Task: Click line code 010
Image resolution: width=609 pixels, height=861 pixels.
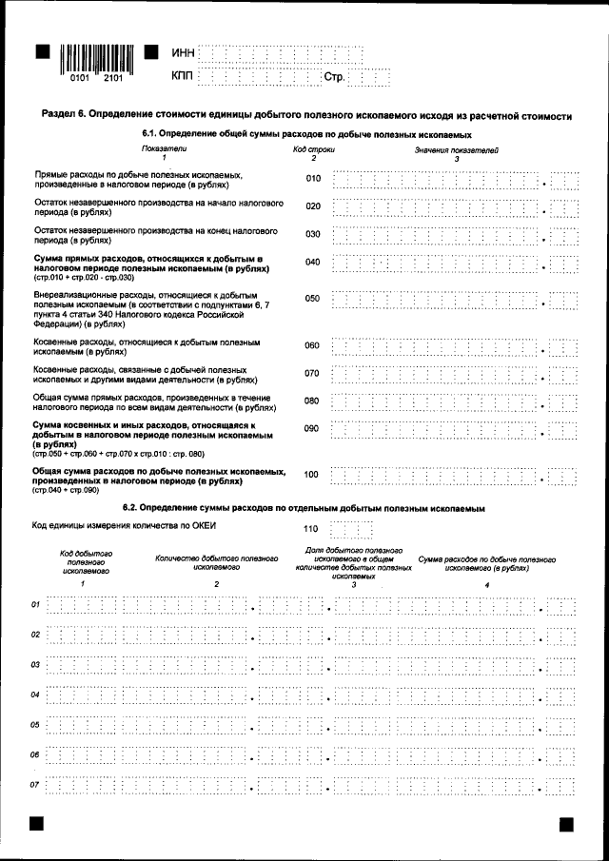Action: pos(312,179)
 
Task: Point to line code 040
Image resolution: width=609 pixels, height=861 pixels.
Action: pos(312,262)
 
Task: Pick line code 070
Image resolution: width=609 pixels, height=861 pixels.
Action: pos(312,373)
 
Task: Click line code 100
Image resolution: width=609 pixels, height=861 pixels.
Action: pos(311,474)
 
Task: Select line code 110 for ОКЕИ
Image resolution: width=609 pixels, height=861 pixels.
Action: pos(311,526)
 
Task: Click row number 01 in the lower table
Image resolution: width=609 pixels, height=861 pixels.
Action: pos(35,604)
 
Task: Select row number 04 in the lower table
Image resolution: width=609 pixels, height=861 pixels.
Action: pos(35,695)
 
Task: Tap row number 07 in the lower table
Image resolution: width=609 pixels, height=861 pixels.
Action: pos(35,785)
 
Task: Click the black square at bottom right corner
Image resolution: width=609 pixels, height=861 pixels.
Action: pos(566,823)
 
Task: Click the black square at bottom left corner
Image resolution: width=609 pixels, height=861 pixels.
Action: pos(38,823)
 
